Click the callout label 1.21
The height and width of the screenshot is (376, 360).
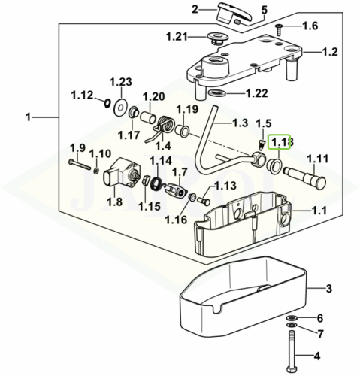click(x=177, y=37)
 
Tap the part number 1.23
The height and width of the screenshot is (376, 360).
click(x=121, y=82)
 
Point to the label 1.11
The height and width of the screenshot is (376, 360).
click(x=318, y=159)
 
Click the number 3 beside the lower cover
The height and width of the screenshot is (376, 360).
click(x=329, y=289)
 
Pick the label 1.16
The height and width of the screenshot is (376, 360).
click(x=176, y=220)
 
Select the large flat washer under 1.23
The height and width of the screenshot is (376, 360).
click(x=120, y=108)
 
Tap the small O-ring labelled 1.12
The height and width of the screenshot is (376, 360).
click(x=107, y=102)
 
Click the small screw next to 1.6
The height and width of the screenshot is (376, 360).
click(x=279, y=29)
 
